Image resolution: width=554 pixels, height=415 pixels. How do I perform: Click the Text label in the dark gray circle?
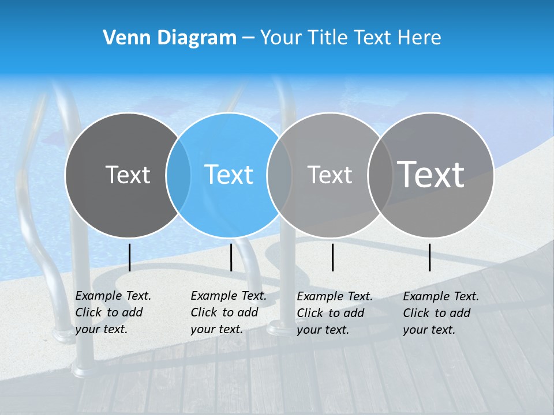pos(128,175)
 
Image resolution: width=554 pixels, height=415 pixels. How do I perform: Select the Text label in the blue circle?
pos(229,175)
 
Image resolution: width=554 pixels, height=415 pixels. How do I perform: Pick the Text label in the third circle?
pos(330,175)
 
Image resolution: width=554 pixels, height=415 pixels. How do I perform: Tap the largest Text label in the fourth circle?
pos(431,174)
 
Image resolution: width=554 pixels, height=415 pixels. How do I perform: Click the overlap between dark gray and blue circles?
pos(178,175)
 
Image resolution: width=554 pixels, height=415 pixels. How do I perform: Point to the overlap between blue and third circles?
pos(279,175)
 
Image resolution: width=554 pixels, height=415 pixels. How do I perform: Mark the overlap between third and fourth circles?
pos(380,175)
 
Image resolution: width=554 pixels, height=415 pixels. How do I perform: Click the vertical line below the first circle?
pos(130,257)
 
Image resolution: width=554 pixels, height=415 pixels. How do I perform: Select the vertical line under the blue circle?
pos(231,257)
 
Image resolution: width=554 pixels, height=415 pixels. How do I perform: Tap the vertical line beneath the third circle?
pos(332,257)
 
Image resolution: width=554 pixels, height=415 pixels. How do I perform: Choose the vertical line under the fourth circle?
pos(429,257)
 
